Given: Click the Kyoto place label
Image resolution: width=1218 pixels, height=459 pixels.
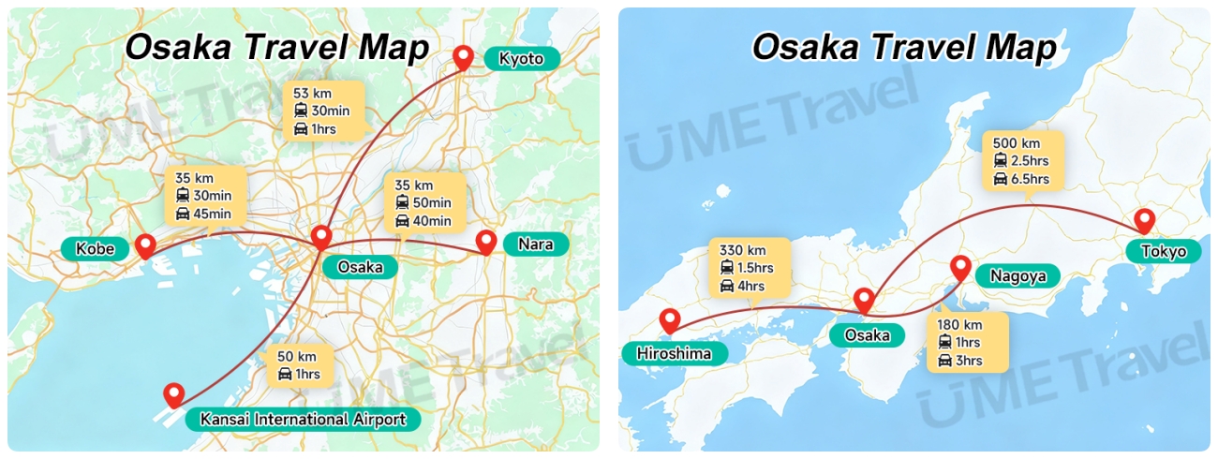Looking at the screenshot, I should click(521, 59).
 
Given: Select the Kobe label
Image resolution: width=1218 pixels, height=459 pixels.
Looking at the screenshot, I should click(95, 248).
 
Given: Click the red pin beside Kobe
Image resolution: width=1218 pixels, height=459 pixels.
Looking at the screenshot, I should click(145, 245).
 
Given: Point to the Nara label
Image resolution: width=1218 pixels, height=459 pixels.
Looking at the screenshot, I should click(536, 245).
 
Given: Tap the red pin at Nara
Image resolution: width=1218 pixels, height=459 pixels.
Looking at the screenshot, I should click(485, 242).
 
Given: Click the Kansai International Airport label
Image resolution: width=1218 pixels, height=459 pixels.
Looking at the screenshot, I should click(303, 419).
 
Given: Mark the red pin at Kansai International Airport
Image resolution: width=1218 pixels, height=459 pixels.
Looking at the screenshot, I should click(173, 395).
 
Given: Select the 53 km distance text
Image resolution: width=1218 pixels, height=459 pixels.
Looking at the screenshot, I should click(312, 94).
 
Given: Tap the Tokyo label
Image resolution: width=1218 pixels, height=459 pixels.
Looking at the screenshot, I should click(1164, 251).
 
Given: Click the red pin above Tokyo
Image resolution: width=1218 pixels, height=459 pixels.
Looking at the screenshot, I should click(1144, 221).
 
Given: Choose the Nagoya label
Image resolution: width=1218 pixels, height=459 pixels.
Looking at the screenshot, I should click(1017, 276).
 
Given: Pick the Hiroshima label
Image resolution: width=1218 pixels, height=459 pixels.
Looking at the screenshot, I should click(666, 353).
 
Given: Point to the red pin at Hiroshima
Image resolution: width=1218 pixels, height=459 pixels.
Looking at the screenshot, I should click(669, 320).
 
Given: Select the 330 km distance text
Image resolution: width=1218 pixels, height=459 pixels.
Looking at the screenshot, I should click(743, 250).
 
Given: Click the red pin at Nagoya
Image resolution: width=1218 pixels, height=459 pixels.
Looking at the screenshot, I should click(960, 267).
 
